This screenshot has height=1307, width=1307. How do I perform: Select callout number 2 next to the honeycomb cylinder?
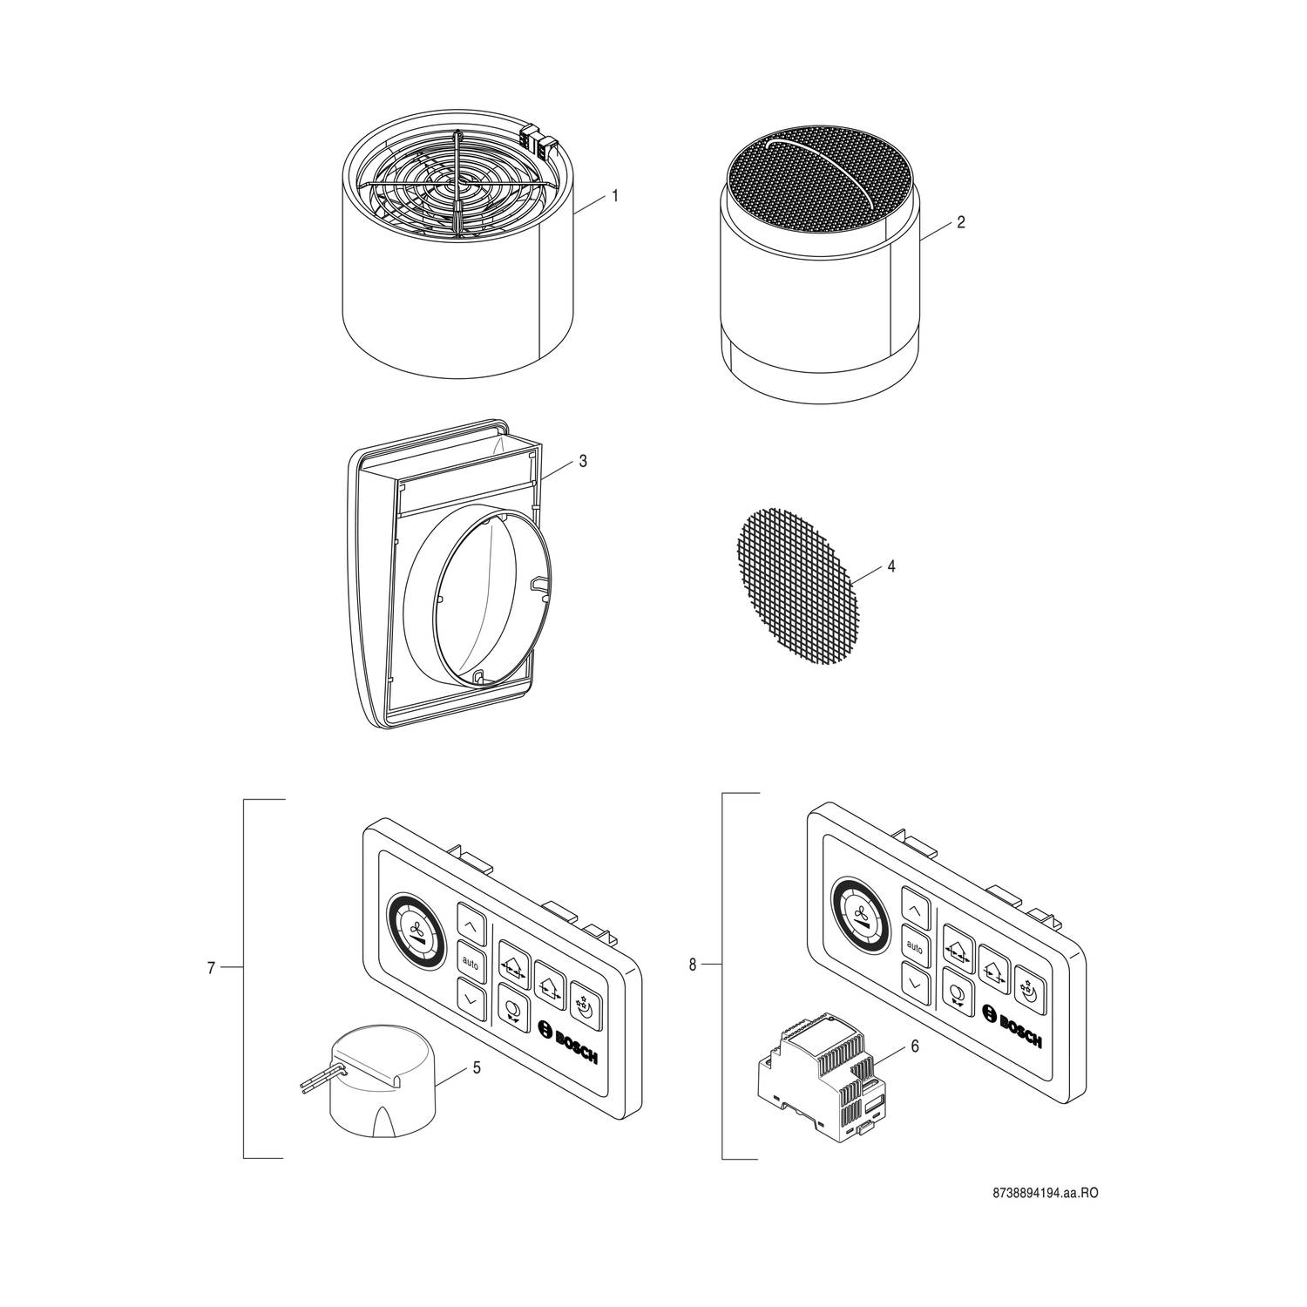[960, 222]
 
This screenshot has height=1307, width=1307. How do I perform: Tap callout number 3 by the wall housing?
[583, 461]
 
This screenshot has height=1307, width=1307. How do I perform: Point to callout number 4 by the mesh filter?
[891, 566]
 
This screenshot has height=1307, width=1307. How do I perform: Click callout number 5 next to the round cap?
[477, 1067]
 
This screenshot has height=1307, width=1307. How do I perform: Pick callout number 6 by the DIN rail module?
[914, 1046]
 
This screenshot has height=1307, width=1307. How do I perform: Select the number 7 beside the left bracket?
[211, 967]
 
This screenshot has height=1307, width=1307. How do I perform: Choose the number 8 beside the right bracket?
[693, 965]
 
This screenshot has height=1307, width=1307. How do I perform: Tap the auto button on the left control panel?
[471, 962]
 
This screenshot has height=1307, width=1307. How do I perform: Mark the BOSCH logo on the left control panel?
[568, 1040]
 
